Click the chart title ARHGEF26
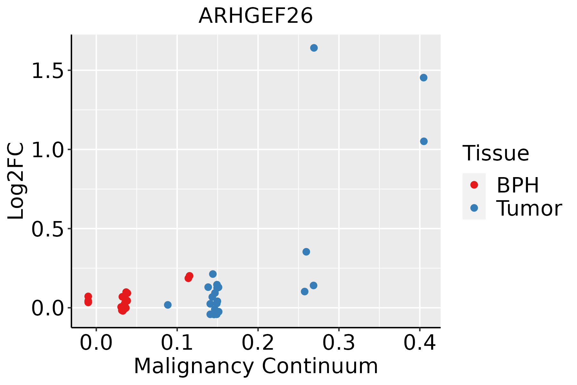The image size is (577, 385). click(x=255, y=16)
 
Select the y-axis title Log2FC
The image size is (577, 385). click(x=16, y=181)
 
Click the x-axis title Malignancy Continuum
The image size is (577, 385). click(x=255, y=366)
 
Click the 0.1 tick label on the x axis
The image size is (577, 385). click(x=177, y=343)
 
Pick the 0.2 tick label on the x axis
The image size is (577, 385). click(x=258, y=343)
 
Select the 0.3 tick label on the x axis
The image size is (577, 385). click(x=339, y=343)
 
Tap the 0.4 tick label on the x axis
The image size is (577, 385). click(x=419, y=343)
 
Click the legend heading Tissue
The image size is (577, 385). click(x=496, y=153)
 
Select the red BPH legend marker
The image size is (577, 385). click(x=474, y=185)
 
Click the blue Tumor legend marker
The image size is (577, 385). click(x=474, y=208)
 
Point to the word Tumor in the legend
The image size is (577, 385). click(x=529, y=209)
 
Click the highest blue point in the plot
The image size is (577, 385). click(x=314, y=48)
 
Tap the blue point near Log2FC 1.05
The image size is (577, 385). click(x=424, y=141)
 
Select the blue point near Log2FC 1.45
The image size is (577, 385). click(x=423, y=78)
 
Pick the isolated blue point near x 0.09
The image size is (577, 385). click(x=168, y=305)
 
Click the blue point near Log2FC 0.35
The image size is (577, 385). click(x=306, y=252)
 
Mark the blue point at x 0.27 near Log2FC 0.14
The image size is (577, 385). click(x=314, y=286)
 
